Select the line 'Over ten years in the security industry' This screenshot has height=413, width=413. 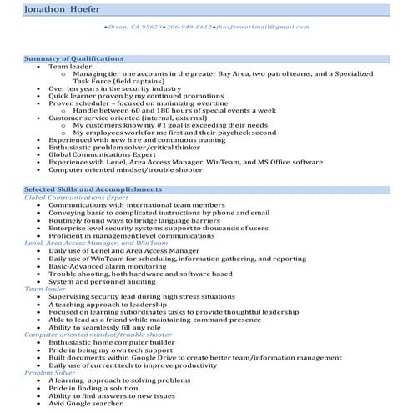coord(114,88)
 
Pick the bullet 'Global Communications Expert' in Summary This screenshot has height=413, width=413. coord(101,154)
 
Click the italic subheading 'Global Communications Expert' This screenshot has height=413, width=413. coord(76,198)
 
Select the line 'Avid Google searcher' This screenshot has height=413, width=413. coord(86,403)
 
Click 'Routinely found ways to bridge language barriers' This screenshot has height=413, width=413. coord(136,219)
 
